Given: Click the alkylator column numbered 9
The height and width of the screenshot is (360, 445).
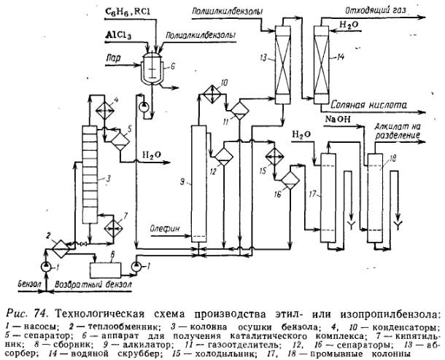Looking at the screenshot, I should click(198, 182).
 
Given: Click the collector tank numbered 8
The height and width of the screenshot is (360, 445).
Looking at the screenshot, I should click(105, 266).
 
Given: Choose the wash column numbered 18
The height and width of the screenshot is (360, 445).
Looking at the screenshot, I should click(376, 197).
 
